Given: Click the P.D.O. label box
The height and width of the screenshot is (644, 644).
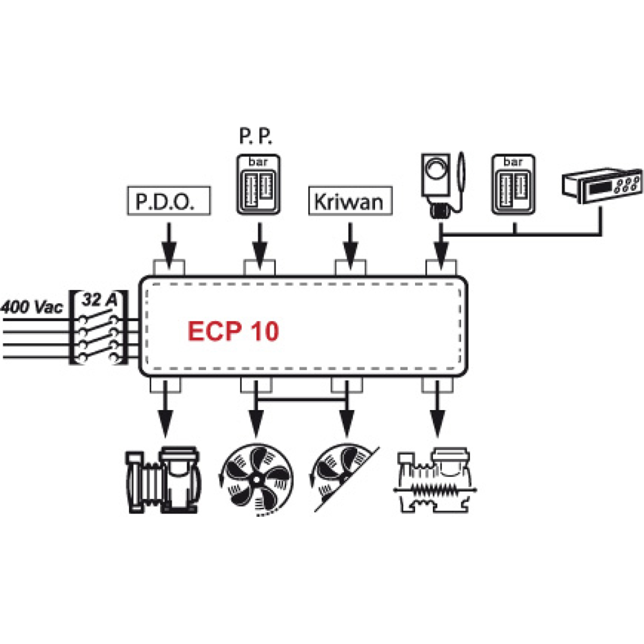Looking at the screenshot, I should [168, 201].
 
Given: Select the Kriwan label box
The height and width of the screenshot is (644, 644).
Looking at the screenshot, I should [350, 201].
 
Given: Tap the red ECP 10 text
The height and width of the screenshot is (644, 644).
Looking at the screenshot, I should [233, 331].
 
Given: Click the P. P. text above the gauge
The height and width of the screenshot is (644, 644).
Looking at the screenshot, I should [256, 137].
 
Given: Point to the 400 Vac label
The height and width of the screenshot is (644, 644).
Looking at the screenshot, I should [32, 308].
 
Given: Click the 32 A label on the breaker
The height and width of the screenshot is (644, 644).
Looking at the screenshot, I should [99, 300].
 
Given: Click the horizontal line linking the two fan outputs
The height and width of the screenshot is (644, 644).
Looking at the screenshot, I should [301, 399].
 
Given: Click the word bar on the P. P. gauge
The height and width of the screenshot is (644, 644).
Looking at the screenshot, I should [258, 162].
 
